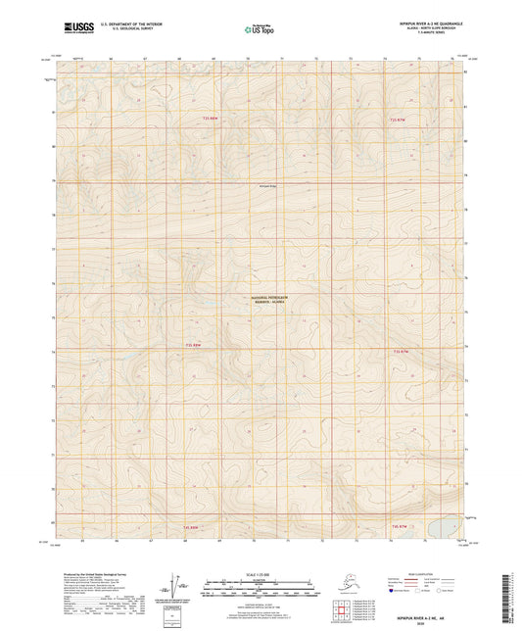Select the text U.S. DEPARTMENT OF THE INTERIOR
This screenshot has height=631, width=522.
pyautogui.click(x=130, y=21)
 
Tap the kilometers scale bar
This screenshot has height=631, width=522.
pyautogui.click(x=261, y=591)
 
